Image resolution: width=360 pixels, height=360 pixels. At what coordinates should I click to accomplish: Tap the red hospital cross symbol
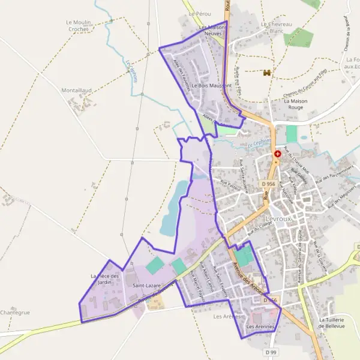[x=277, y=154]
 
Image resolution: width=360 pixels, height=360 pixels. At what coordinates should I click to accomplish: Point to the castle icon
[x=267, y=73]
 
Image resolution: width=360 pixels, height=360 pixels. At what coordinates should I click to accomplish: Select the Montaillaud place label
[x=76, y=90]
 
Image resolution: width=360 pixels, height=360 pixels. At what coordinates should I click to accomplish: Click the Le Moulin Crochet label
[x=78, y=25]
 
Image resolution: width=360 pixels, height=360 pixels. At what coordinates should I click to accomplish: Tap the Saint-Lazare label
[x=146, y=286]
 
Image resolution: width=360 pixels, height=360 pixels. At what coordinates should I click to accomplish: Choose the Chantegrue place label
[x=15, y=313]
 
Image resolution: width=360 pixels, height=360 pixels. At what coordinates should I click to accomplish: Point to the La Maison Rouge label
[x=296, y=104]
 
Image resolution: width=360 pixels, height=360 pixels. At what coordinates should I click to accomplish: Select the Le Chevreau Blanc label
[x=276, y=27]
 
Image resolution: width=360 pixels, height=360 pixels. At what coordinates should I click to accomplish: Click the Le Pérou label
[x=200, y=13]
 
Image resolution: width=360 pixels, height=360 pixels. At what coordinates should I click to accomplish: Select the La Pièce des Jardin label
[x=105, y=280]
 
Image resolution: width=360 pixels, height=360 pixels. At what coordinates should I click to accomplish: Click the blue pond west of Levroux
[x=175, y=204]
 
